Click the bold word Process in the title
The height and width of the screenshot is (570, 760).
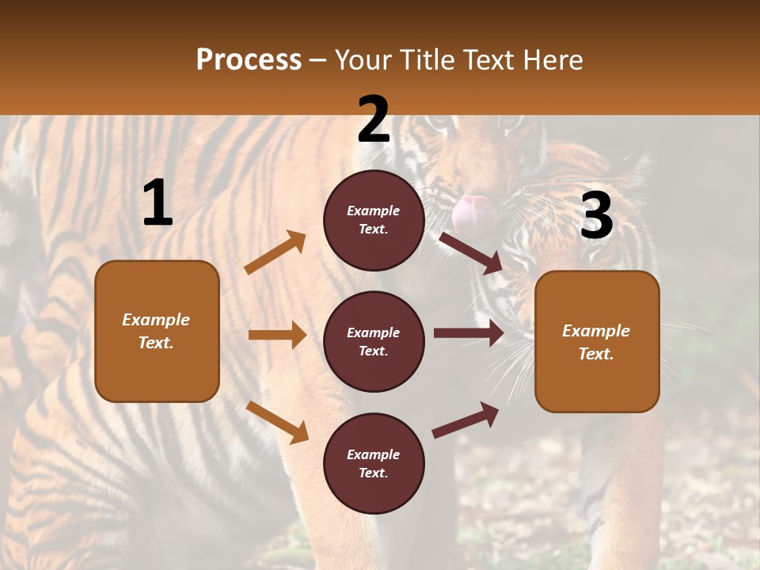[x=249, y=60]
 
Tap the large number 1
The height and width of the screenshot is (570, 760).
[x=158, y=203]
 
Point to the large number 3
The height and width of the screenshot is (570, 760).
[x=597, y=216]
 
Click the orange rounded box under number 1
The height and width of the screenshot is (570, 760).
[x=157, y=331]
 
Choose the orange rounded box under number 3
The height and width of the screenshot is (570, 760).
[x=597, y=341]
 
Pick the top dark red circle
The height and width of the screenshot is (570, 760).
[x=374, y=220]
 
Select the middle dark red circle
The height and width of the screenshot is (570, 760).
[x=374, y=341]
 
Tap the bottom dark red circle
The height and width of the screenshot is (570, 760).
[x=374, y=463]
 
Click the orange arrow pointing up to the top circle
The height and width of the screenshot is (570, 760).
[x=275, y=253]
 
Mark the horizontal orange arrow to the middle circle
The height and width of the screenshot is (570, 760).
[x=277, y=335]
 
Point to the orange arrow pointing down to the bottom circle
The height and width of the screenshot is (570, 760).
[x=277, y=421]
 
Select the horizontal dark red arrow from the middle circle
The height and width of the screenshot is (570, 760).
[x=469, y=333]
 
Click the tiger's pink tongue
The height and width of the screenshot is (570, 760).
[x=474, y=211]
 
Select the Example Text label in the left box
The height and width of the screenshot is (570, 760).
[x=156, y=331]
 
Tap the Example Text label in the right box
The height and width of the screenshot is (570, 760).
[x=596, y=342]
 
